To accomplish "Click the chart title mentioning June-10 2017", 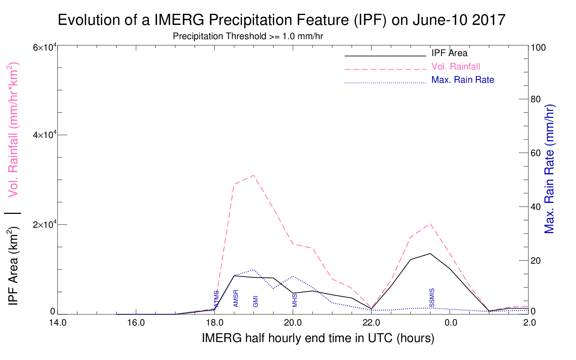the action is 281,20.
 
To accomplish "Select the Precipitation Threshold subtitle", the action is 248,36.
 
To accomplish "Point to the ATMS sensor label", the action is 217,299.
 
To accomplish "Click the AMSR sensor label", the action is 236,298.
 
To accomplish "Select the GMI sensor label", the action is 255,301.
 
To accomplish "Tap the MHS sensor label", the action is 295,301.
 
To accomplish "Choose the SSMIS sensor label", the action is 432,298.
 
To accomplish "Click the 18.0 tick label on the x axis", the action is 215,323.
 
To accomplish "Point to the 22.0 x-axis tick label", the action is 371,323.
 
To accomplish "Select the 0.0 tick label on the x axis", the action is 451,323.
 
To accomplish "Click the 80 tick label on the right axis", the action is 536,99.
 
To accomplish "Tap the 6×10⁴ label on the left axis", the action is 45,48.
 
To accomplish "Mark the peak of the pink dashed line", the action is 254,175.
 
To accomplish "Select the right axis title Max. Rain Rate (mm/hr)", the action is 549,169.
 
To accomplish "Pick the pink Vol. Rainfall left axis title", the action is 13,130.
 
